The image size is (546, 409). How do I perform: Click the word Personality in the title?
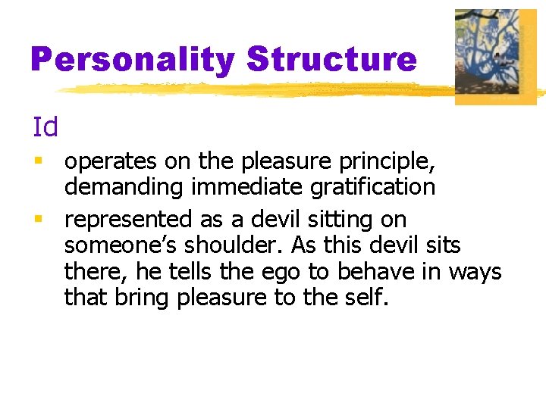133,59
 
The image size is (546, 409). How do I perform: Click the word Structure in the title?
332,59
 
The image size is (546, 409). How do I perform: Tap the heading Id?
45,127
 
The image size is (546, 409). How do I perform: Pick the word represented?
129,220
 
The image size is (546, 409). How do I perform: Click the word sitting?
347,220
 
